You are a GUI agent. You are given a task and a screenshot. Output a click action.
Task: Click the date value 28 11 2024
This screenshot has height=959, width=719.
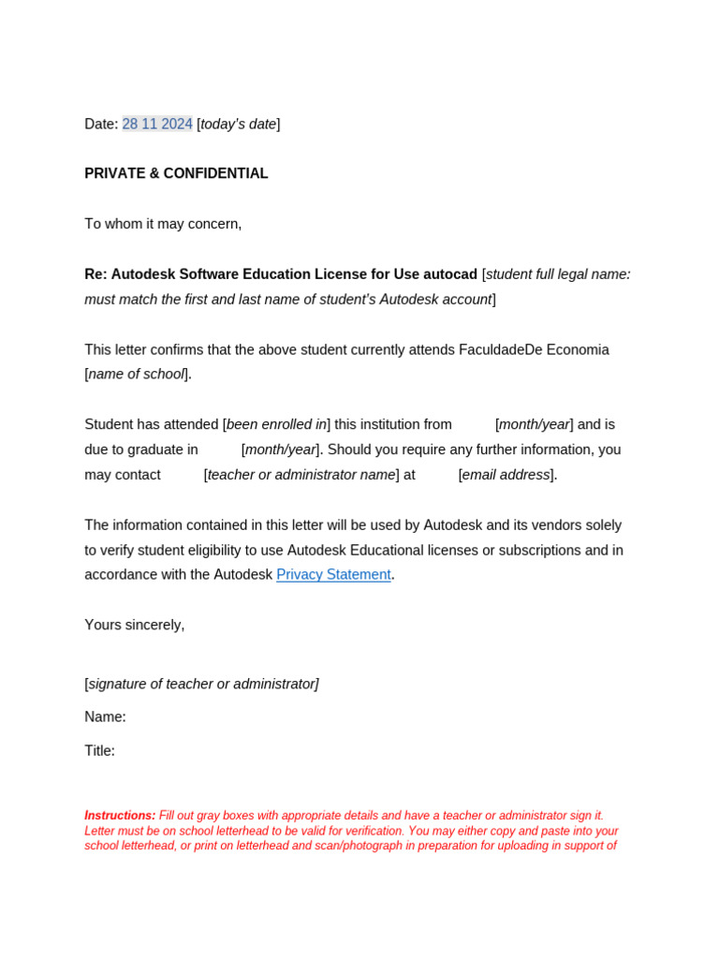click(x=157, y=124)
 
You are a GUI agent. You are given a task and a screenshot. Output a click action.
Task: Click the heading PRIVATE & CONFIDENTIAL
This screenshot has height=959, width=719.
click(x=176, y=173)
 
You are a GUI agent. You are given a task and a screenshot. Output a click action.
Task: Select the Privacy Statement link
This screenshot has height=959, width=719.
click(x=333, y=574)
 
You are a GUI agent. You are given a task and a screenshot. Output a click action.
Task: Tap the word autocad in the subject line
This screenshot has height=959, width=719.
click(x=450, y=274)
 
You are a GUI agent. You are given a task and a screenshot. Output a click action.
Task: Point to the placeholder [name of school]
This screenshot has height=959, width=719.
click(x=137, y=374)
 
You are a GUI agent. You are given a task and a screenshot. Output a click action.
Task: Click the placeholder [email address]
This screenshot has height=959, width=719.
click(x=506, y=475)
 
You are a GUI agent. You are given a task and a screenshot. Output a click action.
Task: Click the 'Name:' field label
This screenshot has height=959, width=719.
click(x=105, y=716)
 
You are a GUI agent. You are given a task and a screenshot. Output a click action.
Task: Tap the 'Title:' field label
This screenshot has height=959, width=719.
click(x=99, y=750)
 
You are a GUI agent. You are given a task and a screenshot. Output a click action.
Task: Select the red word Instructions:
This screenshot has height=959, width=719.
click(x=120, y=816)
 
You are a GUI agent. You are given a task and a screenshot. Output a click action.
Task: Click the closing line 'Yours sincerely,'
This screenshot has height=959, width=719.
click(x=135, y=625)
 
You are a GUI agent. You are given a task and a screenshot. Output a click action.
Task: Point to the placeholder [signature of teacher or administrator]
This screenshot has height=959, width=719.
click(x=201, y=684)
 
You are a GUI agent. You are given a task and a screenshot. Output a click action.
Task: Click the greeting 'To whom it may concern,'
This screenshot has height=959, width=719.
click(x=163, y=224)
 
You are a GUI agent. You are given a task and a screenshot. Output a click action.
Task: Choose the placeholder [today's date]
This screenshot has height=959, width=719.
click(x=238, y=124)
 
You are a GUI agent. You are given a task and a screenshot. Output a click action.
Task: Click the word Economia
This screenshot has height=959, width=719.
click(x=578, y=349)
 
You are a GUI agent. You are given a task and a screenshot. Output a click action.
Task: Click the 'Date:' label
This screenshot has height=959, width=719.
click(x=101, y=124)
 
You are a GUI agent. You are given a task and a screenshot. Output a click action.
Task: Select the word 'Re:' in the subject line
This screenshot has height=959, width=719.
click(x=95, y=274)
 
